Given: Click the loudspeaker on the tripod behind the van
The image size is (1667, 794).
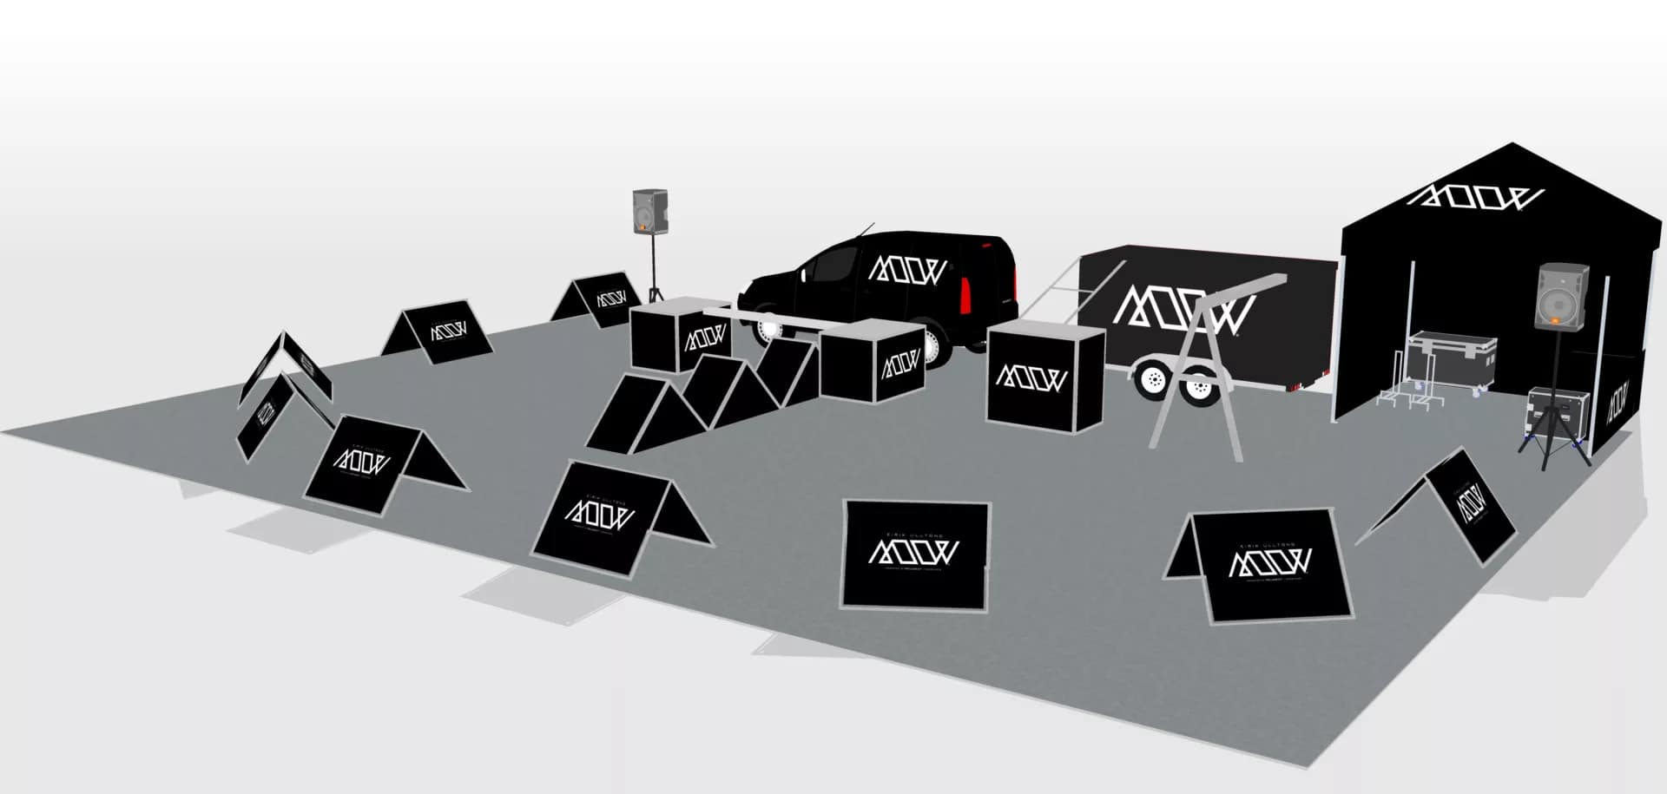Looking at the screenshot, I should (x=649, y=211).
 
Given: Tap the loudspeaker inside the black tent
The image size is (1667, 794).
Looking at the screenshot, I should (x=1563, y=297).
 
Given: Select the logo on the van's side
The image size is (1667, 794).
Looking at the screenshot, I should (x=907, y=269).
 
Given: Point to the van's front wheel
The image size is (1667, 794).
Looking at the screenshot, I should (x=768, y=325).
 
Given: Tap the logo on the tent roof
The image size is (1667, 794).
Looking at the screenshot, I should (x=1474, y=198).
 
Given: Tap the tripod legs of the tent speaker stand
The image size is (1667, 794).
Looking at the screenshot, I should (x=1554, y=443).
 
